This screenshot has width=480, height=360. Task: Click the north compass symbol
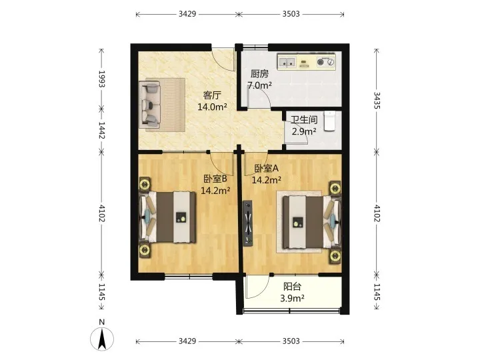click(102, 339)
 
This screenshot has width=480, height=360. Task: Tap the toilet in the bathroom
click(330, 121)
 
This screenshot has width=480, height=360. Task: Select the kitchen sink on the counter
click(287, 62)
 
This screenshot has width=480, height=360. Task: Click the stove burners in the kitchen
click(325, 62)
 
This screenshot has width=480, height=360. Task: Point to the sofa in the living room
click(149, 105)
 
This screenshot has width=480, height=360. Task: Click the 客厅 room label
click(212, 95)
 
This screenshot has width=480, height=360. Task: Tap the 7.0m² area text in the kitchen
click(259, 85)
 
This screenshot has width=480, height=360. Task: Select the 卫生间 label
click(304, 120)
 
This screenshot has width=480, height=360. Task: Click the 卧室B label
click(215, 179)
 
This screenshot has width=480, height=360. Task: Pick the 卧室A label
click(266, 169)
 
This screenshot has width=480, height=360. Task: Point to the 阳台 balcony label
click(293, 287)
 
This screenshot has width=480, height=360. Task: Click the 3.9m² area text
click(293, 298)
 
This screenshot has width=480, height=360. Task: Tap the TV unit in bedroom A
click(248, 223)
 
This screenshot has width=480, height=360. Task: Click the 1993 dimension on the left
click(102, 79)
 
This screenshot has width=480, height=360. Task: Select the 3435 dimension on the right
click(377, 101)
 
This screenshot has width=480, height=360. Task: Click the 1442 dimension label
click(102, 130)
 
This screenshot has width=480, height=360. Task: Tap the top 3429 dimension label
click(187, 14)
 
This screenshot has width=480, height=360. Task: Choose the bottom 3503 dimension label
click(291, 341)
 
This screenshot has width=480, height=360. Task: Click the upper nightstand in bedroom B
click(144, 184)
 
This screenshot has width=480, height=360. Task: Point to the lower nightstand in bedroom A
click(335, 255)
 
